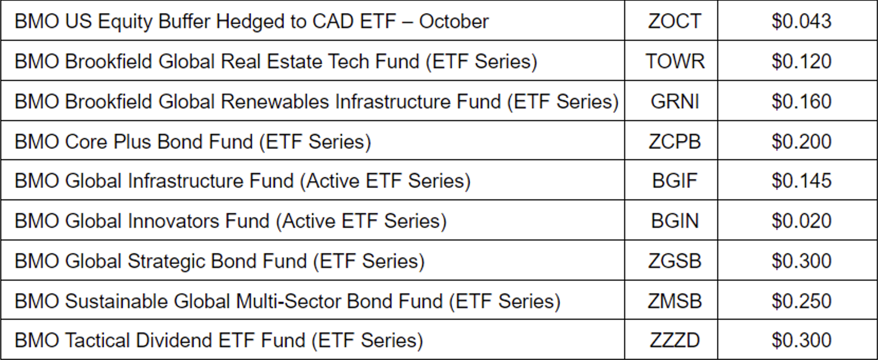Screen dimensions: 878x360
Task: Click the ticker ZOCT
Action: pyautogui.click(x=674, y=21)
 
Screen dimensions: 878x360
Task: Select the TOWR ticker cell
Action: pyautogui.click(x=674, y=61)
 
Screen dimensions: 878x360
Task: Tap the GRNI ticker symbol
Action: pyautogui.click(x=674, y=101)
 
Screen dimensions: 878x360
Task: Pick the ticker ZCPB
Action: pyautogui.click(x=674, y=142)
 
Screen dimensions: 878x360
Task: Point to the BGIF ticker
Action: pyautogui.click(x=674, y=181)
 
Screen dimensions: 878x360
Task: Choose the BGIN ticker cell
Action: pyautogui.click(x=674, y=221)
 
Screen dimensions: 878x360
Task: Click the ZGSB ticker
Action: pyautogui.click(x=674, y=261)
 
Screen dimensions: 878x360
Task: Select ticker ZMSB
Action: pyautogui.click(x=674, y=301)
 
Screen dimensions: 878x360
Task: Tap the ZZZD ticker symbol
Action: pyautogui.click(x=674, y=340)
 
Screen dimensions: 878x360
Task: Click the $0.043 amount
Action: pyautogui.click(x=801, y=21)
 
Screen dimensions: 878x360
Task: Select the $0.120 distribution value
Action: pyautogui.click(x=801, y=61)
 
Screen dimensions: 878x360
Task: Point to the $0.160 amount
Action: pyautogui.click(x=801, y=101)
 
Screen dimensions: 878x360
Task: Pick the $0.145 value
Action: pyautogui.click(x=801, y=181)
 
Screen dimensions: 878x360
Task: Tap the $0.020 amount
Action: pyautogui.click(x=801, y=221)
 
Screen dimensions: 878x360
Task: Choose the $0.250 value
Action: pyautogui.click(x=801, y=301)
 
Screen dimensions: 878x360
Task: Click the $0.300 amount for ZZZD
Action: pyautogui.click(x=801, y=340)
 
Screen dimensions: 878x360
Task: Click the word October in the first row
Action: pyautogui.click(x=454, y=21)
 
